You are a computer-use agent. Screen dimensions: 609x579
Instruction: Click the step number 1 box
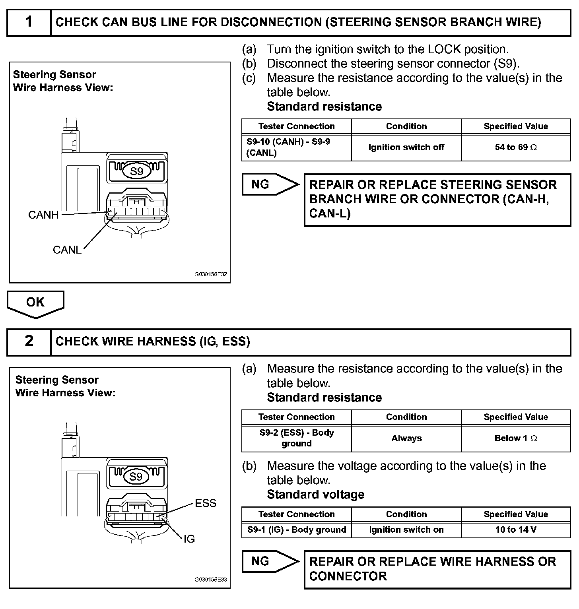(29, 22)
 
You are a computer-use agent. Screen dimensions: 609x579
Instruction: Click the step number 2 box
(29, 341)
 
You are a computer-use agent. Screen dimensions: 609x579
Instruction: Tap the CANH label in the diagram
(43, 215)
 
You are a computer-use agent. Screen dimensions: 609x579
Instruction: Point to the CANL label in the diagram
(67, 250)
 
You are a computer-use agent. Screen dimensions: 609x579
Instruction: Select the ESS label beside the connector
(206, 503)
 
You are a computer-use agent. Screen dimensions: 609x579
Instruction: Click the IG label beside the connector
(189, 539)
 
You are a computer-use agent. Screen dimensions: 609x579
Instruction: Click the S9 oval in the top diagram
(136, 171)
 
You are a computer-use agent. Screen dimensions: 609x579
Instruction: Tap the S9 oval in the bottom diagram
(136, 477)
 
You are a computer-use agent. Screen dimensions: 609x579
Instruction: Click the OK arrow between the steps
(35, 303)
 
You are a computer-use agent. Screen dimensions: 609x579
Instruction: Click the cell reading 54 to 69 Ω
(516, 147)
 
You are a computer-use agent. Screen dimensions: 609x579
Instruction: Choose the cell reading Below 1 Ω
(516, 438)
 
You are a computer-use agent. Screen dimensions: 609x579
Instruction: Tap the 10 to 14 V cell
(516, 530)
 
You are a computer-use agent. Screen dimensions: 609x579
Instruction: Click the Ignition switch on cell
(406, 530)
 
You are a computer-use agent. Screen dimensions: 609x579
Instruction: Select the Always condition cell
(406, 438)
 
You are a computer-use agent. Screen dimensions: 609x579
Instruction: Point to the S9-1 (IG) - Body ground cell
(297, 530)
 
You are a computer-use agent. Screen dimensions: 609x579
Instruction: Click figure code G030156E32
(211, 274)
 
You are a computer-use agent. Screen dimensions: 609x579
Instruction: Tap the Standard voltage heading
(316, 495)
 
